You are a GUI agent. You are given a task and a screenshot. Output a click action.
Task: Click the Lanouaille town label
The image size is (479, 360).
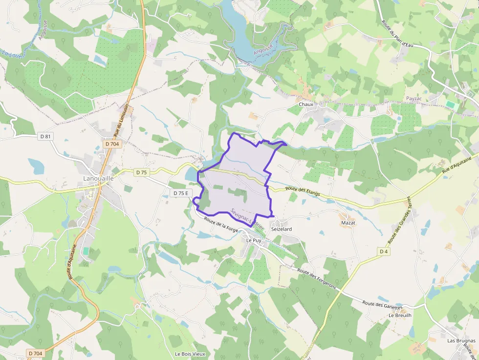(99, 179)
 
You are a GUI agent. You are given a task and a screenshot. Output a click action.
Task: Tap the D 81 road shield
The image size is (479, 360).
(44, 136)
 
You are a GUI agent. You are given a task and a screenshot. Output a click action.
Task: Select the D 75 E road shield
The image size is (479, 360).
(181, 193)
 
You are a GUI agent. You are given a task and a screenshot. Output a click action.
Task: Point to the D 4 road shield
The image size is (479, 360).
(384, 251)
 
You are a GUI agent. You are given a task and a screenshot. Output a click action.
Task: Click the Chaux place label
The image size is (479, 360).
(306, 105)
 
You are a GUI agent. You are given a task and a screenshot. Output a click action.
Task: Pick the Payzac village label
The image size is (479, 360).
(414, 99)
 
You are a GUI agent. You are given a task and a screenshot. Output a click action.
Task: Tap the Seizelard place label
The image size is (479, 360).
(282, 229)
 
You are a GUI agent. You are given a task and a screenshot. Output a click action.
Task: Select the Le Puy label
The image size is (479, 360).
(254, 240)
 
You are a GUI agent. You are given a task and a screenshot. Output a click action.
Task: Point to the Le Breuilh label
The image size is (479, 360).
(400, 316)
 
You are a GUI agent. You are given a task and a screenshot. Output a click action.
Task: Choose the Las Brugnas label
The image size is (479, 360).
(461, 340)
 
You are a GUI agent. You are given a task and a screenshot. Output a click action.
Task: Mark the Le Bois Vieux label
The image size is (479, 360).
(190, 354)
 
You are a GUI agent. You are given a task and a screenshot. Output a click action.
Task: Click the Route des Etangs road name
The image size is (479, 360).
(303, 191)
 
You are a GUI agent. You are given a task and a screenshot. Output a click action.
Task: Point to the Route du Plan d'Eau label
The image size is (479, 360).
(397, 34)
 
